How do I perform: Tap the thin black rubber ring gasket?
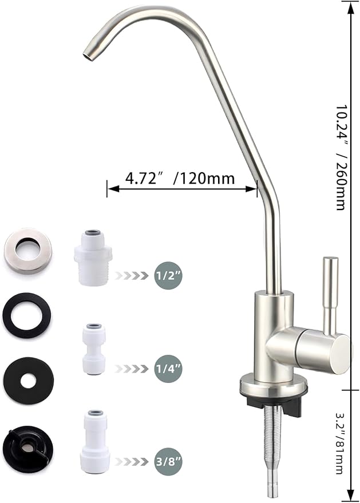point(27,314)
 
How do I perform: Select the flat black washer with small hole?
point(28,380)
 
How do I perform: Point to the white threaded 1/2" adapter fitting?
point(92,258)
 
